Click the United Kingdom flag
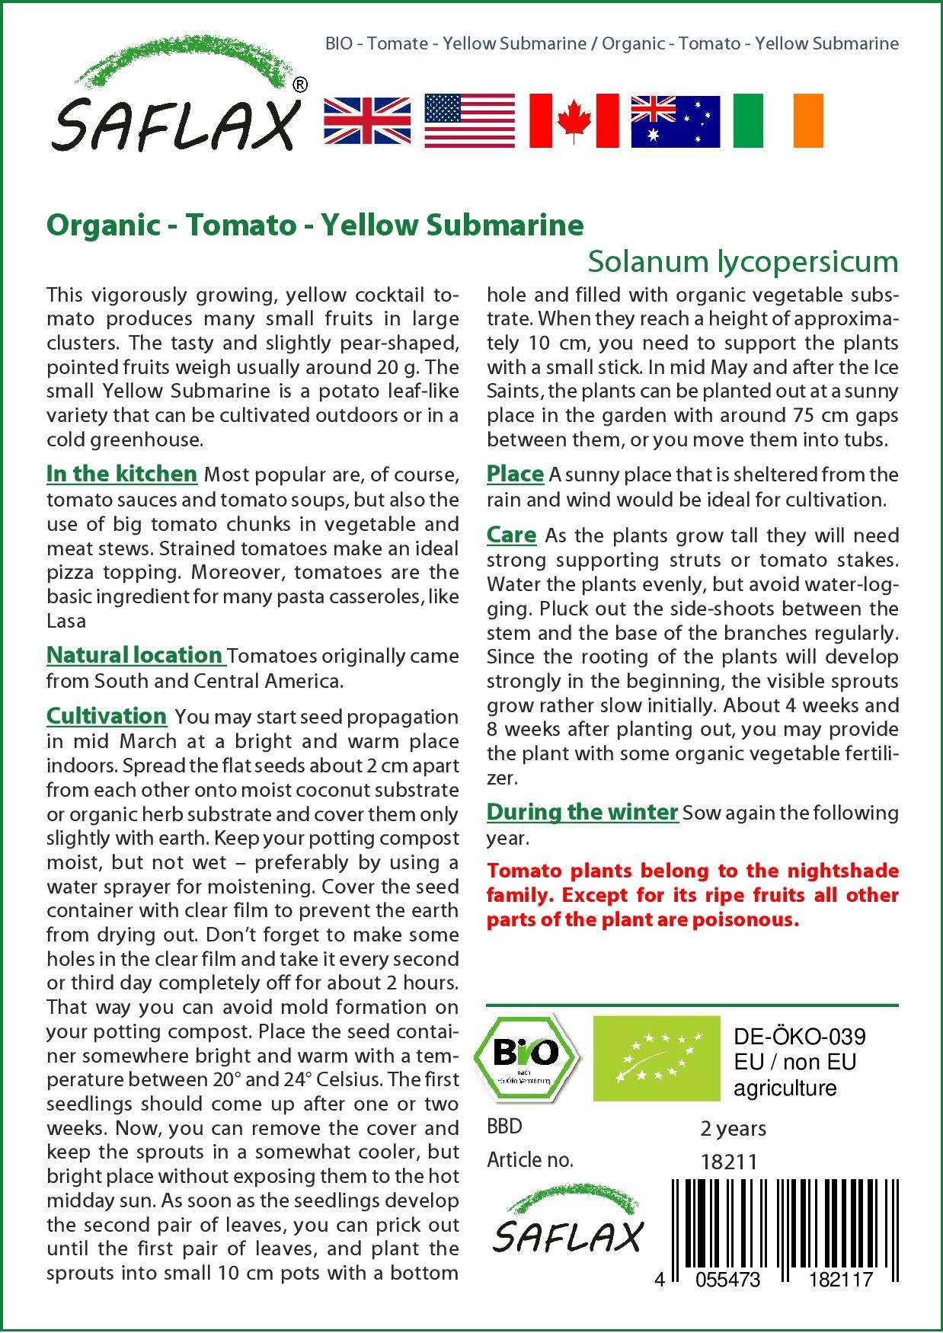[367, 120]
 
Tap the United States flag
[469, 120]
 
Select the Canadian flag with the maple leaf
[574, 120]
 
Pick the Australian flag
[675, 120]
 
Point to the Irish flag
[778, 120]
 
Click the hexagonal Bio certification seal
[526, 1056]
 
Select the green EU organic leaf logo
[657, 1057]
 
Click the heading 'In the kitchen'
[122, 474]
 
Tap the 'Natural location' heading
[135, 655]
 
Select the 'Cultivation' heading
[107, 716]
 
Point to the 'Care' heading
[512, 535]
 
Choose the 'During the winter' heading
[582, 812]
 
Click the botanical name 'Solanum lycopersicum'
[743, 261]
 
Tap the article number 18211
[729, 1161]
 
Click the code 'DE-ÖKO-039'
[800, 1037]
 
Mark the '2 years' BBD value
[733, 1128]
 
